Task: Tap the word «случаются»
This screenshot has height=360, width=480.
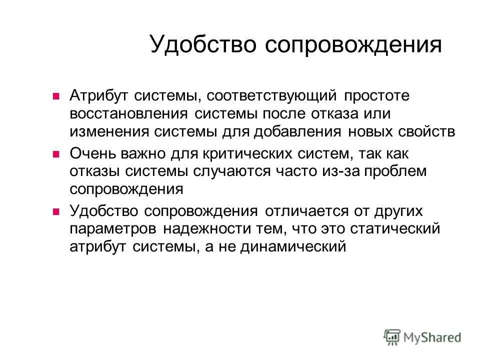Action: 230,170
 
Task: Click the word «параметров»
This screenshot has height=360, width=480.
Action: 113,228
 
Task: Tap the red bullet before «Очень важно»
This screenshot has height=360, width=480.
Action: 56,153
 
